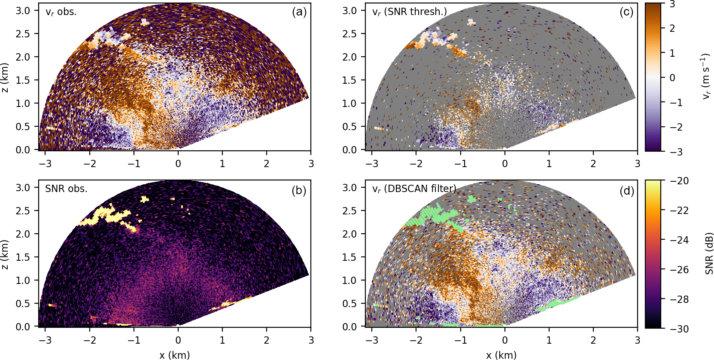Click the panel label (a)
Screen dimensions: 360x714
(299, 12)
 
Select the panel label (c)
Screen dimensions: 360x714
(626, 12)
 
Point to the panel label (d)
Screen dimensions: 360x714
(626, 190)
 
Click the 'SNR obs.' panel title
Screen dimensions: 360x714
(66, 189)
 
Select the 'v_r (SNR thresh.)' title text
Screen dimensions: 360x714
(409, 12)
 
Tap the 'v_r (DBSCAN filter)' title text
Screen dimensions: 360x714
(414, 189)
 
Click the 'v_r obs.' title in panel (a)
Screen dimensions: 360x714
(61, 12)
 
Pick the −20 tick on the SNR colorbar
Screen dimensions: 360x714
(679, 181)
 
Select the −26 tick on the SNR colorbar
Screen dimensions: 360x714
(679, 270)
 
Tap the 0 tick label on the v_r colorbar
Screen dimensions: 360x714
(672, 78)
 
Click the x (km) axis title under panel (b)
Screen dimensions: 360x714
(174, 355)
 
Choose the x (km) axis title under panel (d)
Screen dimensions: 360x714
(501, 355)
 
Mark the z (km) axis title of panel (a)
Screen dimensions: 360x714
(5, 78)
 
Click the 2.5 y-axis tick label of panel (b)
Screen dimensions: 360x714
(23, 211)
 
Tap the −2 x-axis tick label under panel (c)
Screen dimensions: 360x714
(416, 164)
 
